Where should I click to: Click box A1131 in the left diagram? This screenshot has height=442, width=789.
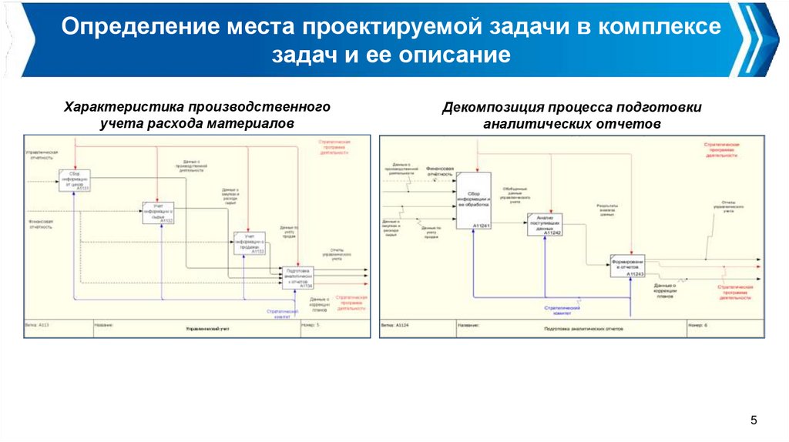tap(76, 180)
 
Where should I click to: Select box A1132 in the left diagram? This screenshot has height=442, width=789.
tap(158, 213)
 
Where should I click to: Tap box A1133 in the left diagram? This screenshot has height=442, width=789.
tap(250, 243)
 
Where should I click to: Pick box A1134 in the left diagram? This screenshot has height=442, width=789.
tap(298, 277)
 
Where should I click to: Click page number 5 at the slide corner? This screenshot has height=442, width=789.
tap(754, 420)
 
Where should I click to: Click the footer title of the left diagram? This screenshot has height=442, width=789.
tap(207, 329)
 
